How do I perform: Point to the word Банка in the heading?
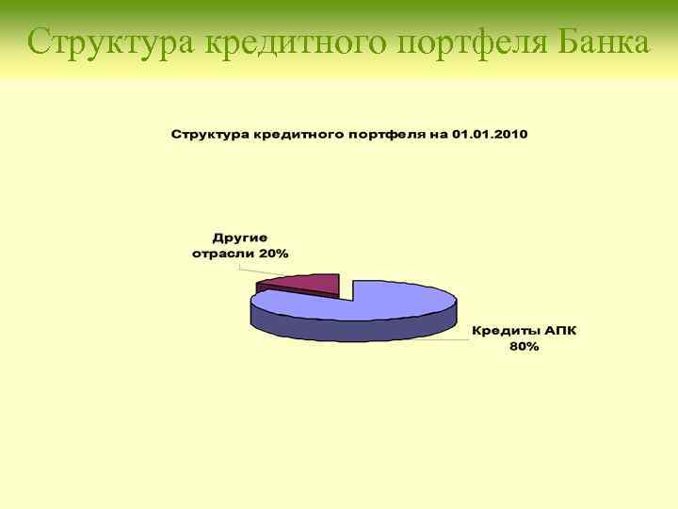(604, 42)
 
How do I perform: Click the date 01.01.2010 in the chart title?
(490, 134)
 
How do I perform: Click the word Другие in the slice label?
(240, 238)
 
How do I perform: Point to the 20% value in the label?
(276, 254)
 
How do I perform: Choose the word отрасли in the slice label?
(225, 254)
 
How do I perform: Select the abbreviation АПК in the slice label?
(560, 332)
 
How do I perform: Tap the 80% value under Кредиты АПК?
(524, 347)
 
